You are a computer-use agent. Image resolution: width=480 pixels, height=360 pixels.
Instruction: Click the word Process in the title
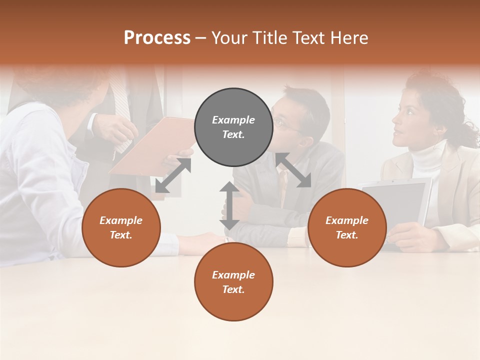pyautogui.click(x=157, y=38)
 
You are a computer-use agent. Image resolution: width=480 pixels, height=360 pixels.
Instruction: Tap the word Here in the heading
pyautogui.click(x=348, y=38)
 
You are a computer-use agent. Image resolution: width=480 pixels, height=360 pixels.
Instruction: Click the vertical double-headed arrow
pyautogui.click(x=229, y=205)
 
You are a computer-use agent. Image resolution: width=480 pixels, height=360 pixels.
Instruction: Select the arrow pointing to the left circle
pyautogui.click(x=173, y=175)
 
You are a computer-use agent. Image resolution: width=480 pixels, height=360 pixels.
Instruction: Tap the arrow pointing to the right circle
pyautogui.click(x=293, y=170)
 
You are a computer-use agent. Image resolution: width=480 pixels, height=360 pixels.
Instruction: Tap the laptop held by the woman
pyautogui.click(x=398, y=202)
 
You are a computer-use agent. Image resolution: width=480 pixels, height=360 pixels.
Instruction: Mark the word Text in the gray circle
pyautogui.click(x=233, y=134)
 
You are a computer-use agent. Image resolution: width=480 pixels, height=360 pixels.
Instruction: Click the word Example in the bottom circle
pyautogui.click(x=233, y=274)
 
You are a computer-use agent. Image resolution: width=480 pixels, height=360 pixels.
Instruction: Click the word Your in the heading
pyautogui.click(x=228, y=38)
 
